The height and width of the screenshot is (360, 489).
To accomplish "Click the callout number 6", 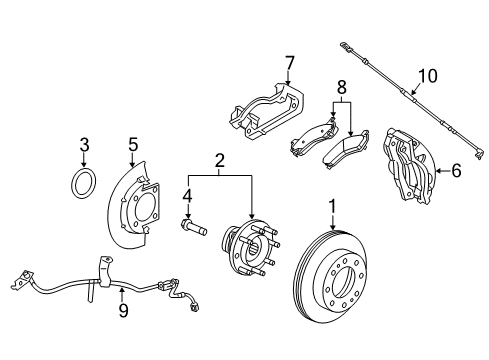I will pyautogui.click(x=455, y=170).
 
